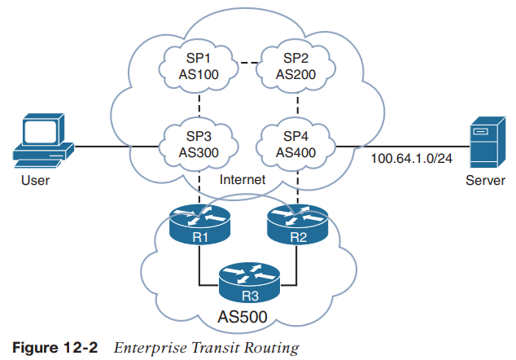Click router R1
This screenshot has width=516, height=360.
pyautogui.click(x=199, y=225)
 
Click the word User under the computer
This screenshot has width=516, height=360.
pyautogui.click(x=34, y=181)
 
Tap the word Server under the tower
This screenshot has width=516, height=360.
pyautogui.click(x=485, y=181)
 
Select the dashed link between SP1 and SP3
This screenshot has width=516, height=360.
pyautogui.click(x=200, y=104)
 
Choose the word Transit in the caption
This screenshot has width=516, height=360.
pyautogui.click(x=208, y=348)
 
